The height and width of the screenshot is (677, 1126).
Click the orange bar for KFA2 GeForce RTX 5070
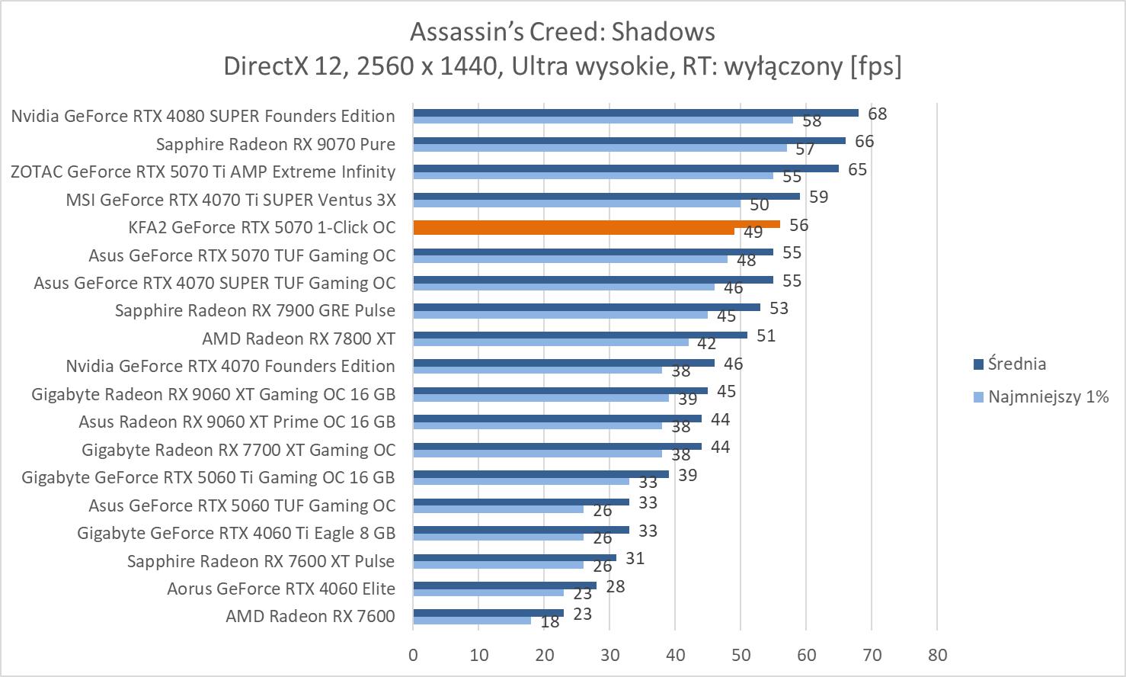point(597,224)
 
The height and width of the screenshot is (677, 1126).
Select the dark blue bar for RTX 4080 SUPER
point(635,113)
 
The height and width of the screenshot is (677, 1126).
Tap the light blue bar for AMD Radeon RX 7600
point(472,621)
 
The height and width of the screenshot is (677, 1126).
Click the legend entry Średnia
point(1016,364)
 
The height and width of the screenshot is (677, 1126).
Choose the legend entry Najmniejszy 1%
point(1048,396)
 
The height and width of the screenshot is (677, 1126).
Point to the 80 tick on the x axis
point(938,655)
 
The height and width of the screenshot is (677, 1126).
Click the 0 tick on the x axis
point(413,655)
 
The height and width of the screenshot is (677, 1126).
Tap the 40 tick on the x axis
point(675,655)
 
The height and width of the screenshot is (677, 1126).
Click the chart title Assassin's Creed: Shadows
point(562,31)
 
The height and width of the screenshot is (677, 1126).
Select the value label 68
point(877,114)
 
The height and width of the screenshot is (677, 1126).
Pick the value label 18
point(549,622)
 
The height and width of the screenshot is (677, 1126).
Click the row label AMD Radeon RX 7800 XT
point(299,338)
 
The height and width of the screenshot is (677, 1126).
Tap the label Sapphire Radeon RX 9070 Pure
point(276,144)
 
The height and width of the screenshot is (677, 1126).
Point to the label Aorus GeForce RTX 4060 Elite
point(281,589)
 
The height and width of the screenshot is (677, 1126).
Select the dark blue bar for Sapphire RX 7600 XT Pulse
point(514,557)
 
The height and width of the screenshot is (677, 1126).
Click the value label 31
point(635,558)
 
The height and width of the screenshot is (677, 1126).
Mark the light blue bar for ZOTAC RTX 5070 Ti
point(593,175)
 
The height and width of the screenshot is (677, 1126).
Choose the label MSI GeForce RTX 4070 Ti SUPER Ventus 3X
point(231,200)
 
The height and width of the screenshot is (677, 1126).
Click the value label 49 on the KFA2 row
point(753,233)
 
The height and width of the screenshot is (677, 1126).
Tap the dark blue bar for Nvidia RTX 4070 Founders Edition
point(564,363)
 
